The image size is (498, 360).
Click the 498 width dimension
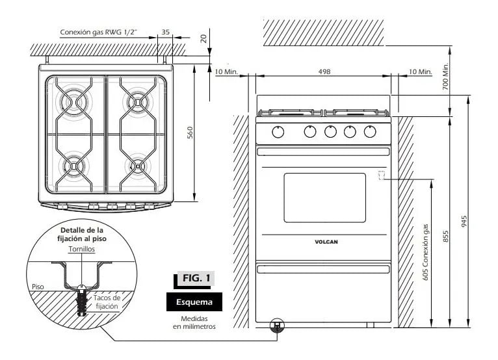click(324, 71)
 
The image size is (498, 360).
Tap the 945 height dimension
click(464, 222)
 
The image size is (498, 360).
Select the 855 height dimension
click(445, 237)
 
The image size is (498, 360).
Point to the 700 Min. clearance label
click(445, 76)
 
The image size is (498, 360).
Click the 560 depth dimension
click(190, 133)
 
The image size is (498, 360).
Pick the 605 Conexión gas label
click(425, 252)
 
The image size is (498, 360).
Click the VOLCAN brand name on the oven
click(326, 242)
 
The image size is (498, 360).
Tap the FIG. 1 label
click(196, 278)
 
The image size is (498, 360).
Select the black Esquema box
click(194, 302)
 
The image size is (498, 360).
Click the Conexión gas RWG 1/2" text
click(98, 32)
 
